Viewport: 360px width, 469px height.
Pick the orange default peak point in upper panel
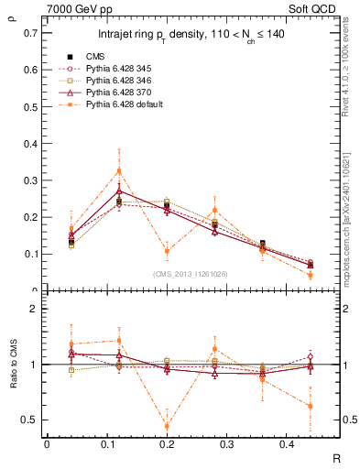(119, 170)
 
